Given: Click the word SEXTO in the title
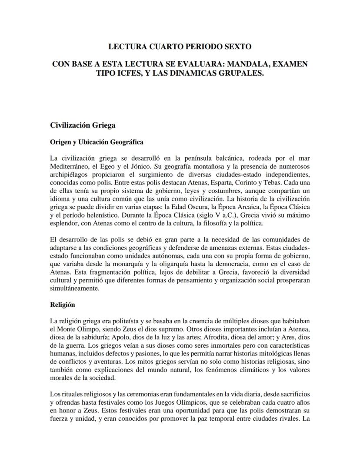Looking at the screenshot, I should (235, 46).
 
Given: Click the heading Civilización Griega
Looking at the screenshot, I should (83, 125).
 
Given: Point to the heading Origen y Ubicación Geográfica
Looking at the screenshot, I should (97, 142).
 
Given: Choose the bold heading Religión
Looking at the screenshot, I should (63, 305).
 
